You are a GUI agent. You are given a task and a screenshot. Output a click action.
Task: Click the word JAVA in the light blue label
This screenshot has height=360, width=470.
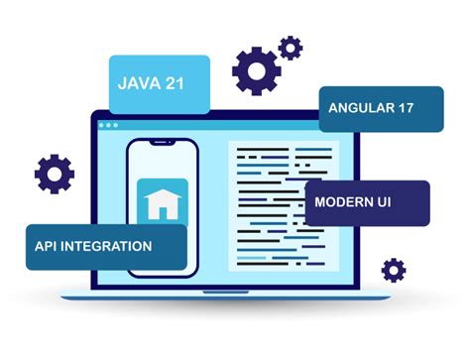pos(139,82)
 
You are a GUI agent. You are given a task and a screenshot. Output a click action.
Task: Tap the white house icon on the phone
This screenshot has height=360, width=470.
pos(159,204)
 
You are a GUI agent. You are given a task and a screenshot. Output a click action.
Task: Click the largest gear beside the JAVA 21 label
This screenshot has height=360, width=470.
pos(257,69)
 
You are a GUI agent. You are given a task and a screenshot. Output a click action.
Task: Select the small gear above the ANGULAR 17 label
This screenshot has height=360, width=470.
pos(291,47)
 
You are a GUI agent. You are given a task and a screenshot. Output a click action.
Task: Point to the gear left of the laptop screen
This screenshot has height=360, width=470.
pos(54,174)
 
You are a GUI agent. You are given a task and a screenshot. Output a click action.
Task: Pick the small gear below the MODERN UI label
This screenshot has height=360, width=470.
pos(394,269)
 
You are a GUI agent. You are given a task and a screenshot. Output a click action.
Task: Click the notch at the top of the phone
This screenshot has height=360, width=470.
pos(162,145)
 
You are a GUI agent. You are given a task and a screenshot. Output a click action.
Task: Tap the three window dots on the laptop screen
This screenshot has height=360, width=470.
pos(107,125)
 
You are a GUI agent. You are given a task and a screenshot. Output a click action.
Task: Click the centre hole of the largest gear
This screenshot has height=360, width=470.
pos(257,69)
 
